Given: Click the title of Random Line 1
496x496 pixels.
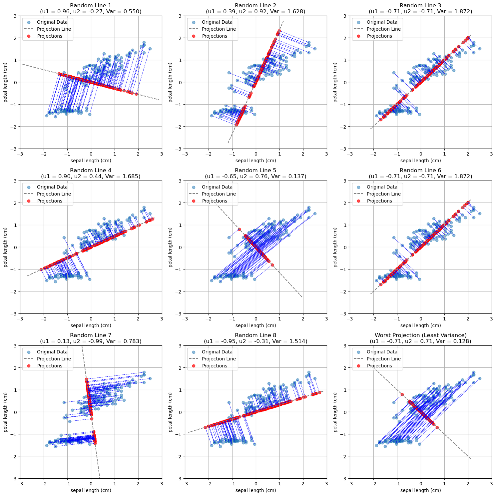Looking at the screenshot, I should (91, 5).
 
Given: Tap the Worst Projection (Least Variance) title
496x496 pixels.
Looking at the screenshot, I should (420, 335).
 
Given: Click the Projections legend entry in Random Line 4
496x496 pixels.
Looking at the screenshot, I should (50, 201).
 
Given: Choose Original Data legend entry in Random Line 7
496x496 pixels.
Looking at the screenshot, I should (52, 352).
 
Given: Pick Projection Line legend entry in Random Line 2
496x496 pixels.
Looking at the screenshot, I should (219, 29).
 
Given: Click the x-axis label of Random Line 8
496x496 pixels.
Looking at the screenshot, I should (255, 490).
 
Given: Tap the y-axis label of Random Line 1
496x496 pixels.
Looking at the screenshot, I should (6, 82).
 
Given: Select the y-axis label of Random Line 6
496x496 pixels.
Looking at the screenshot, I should (335, 247).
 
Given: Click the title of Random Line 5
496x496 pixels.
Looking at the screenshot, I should (255, 170).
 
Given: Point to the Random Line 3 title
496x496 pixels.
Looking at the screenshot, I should (420, 5).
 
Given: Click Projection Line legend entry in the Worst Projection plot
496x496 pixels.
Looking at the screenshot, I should (383, 359).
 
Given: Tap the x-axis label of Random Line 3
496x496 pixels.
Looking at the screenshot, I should (420, 161).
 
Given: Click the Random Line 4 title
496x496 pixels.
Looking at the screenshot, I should (91, 170).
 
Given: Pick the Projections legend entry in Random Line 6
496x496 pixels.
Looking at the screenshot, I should (379, 201).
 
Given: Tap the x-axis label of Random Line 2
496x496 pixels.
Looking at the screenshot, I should (255, 161).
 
